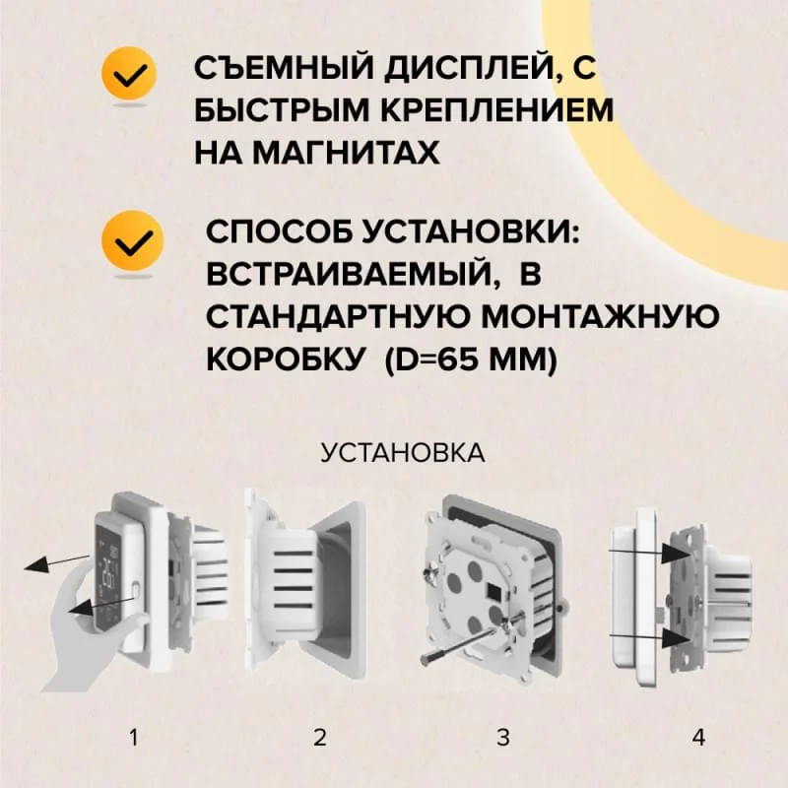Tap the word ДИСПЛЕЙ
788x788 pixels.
pyautogui.click(x=467, y=72)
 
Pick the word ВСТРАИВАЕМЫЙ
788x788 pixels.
pyautogui.click(x=349, y=274)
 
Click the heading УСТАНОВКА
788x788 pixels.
pyautogui.click(x=402, y=453)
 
